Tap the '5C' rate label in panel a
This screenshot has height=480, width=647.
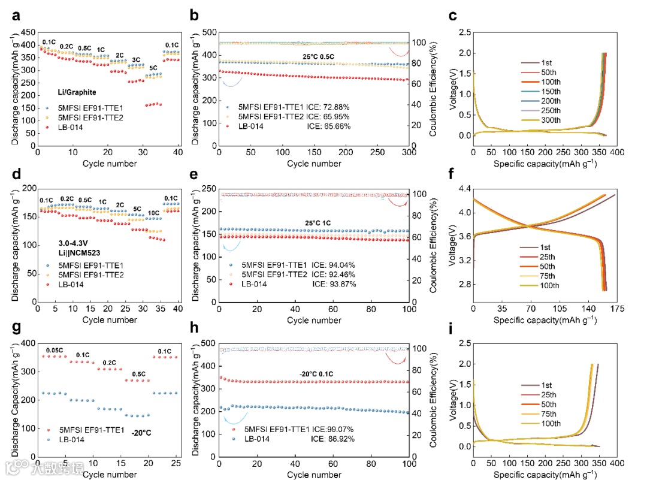point(153,68)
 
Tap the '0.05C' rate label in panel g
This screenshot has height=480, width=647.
point(56,349)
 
